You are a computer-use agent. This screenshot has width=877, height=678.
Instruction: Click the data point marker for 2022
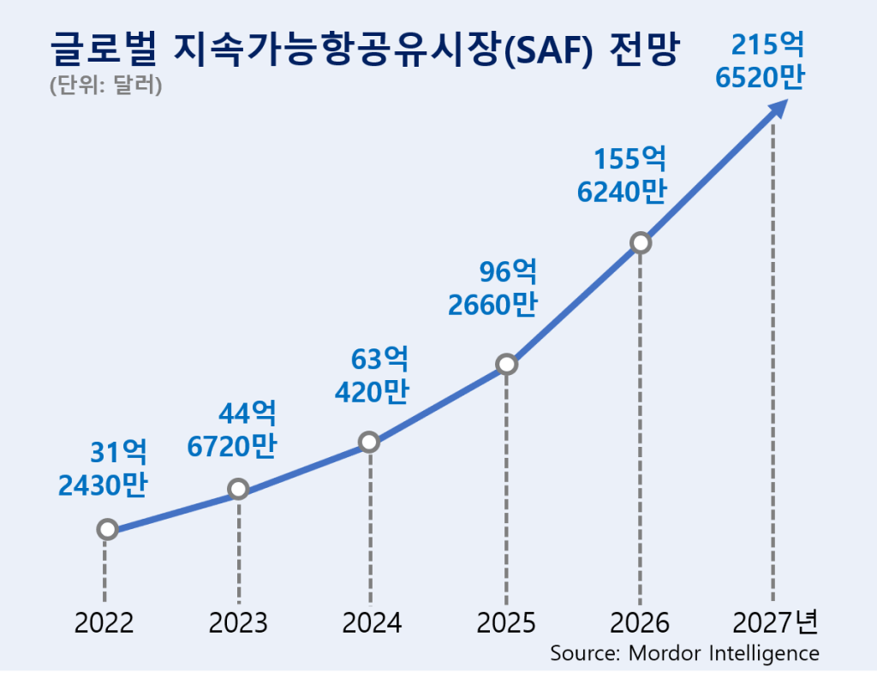point(107,529)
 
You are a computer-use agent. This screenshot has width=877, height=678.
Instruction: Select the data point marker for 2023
point(239,489)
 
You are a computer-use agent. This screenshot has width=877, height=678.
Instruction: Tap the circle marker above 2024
point(369,442)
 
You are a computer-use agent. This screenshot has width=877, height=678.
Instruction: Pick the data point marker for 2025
point(506,365)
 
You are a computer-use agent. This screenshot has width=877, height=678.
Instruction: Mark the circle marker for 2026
point(640,242)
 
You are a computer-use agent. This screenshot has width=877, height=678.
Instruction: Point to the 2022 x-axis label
point(104,622)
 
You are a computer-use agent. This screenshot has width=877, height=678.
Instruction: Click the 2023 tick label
point(238,622)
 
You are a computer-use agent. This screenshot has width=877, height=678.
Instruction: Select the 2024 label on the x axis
point(372,622)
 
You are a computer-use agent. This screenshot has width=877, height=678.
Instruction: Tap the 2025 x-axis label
point(506,622)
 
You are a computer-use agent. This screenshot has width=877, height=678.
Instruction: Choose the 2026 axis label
point(640,622)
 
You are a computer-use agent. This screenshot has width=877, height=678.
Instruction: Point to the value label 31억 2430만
point(104,468)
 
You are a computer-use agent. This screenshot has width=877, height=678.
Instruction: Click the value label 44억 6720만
point(235,429)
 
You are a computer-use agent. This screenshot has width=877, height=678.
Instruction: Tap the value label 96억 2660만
point(493,288)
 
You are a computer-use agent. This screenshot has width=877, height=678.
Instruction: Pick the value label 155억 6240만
point(623,175)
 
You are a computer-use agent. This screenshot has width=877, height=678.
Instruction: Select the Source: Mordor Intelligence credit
point(684,652)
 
